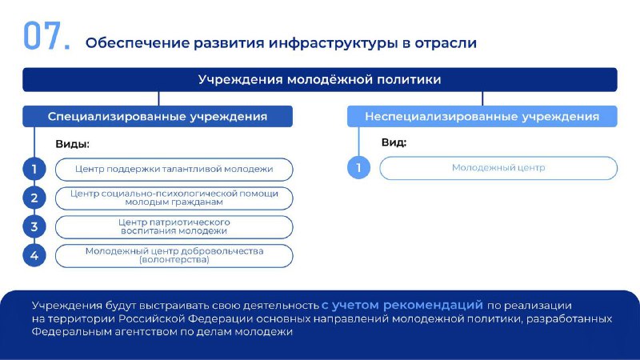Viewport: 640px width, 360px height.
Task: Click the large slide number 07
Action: tap(46, 36)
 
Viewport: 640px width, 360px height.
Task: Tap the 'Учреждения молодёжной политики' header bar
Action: tap(319, 79)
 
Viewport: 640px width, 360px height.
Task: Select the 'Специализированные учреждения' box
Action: tap(158, 116)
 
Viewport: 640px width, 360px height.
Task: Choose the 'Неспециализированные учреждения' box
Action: tap(482, 116)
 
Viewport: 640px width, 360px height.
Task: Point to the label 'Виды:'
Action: tap(72, 144)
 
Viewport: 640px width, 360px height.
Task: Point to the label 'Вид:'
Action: tap(394, 142)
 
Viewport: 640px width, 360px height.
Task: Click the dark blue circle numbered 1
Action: tap(34, 169)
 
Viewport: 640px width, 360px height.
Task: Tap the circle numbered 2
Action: tap(34, 198)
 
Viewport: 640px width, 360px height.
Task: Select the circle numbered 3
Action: tap(34, 227)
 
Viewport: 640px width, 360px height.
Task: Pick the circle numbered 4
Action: tap(34, 255)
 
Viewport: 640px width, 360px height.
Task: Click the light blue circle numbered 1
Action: tap(358, 168)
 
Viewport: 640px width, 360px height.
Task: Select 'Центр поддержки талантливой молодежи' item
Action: tap(174, 170)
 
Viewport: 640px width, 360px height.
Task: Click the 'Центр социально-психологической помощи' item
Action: tap(174, 198)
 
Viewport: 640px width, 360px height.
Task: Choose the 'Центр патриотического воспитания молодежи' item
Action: tap(174, 227)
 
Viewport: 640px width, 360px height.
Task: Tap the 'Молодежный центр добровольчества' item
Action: tap(174, 256)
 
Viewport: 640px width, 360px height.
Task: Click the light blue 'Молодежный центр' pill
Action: tap(498, 168)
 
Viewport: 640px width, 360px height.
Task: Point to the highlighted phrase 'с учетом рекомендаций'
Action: tap(402, 305)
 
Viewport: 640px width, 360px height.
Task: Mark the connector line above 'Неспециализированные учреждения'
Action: tap(482, 98)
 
